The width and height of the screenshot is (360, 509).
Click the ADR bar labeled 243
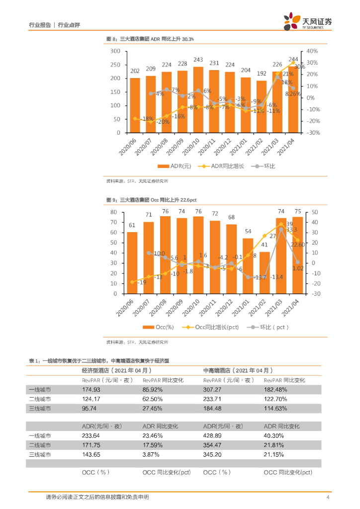(198, 99)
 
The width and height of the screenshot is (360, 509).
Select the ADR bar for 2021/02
(262, 106)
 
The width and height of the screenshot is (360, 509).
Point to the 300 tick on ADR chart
(115, 51)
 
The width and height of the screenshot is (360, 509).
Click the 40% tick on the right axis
(312, 51)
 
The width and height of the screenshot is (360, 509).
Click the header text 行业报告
(40, 24)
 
